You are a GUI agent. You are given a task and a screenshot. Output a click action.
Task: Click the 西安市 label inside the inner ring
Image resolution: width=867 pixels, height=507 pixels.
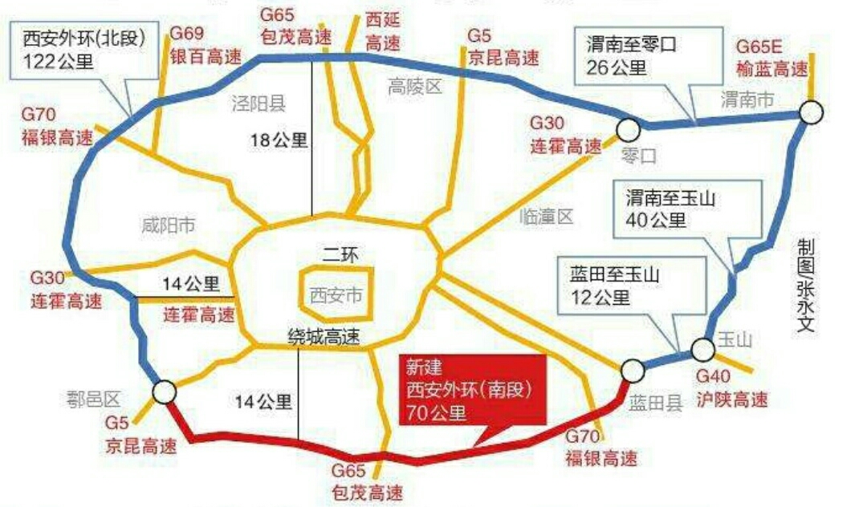[x=336, y=295]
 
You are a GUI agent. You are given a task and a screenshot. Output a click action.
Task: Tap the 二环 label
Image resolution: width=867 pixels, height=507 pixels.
[x=337, y=257]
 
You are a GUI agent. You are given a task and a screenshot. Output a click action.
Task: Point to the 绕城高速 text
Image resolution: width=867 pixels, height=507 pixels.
[x=324, y=338]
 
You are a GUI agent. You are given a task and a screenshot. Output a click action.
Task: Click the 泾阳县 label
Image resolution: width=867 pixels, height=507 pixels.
[x=258, y=103]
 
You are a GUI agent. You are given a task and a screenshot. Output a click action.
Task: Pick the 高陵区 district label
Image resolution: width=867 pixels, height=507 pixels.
[x=414, y=86]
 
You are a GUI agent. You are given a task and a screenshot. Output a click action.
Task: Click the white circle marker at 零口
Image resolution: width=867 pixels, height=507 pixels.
[x=628, y=128]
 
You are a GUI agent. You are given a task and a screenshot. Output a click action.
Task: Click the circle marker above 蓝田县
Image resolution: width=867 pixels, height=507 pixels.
[x=632, y=370]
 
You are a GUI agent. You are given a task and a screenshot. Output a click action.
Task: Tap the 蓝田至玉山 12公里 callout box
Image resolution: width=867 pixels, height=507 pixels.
[x=615, y=286]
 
